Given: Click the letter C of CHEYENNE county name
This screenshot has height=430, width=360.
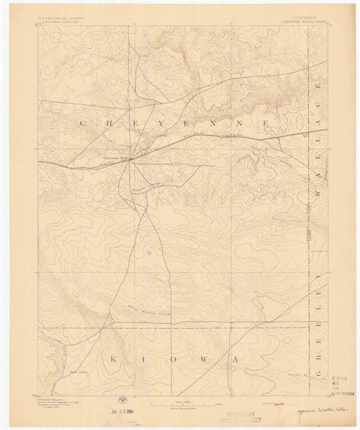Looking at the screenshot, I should click(82, 123).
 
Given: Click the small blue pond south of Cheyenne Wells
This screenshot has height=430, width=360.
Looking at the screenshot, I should click(148, 254).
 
